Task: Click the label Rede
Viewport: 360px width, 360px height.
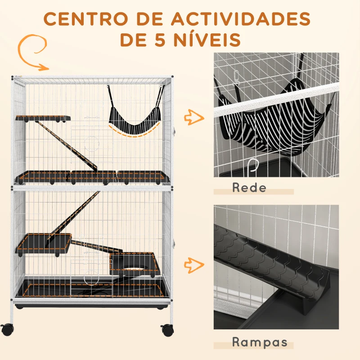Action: (249, 188)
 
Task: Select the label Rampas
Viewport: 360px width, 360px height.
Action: (260, 342)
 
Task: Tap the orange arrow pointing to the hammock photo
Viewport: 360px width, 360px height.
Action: (194, 118)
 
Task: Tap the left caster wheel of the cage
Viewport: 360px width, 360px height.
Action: (7, 329)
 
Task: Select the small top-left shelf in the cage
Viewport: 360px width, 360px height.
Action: (43, 118)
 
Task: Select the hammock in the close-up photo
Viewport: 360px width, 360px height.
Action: (270, 121)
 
